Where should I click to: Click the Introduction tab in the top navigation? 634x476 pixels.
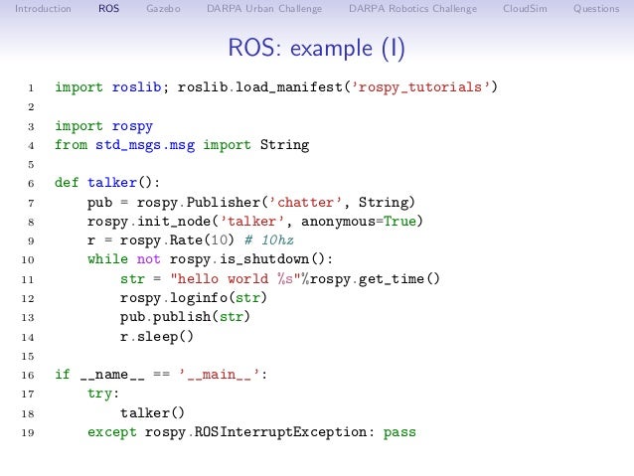36,9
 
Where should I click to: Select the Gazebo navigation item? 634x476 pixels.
163,9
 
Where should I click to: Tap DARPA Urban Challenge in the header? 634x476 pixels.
264,9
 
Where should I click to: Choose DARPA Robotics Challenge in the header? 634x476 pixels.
412,9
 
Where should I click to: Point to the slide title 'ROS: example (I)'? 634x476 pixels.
317,49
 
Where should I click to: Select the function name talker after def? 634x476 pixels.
112,183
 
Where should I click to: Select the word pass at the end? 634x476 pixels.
398,432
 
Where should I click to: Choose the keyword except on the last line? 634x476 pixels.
111,432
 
